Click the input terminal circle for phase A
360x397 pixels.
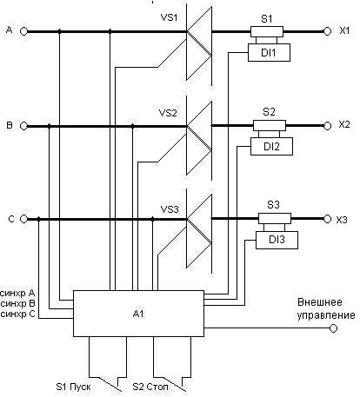tap(23, 31)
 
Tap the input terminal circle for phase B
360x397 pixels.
tap(23, 126)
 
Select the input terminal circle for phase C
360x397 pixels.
tap(23, 219)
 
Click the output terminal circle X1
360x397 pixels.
tap(327, 31)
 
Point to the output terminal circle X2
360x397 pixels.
tap(327, 126)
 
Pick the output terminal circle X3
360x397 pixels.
tap(327, 219)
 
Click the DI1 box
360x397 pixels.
tap(269, 52)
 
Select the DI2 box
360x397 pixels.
tap(271, 146)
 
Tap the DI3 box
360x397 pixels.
tap(277, 240)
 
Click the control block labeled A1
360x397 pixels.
tap(138, 314)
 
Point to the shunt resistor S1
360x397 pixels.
tap(267, 31)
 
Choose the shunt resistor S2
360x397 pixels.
tap(270, 126)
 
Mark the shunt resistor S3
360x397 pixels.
tap(275, 219)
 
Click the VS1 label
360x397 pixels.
tap(169, 17)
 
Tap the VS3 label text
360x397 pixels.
tap(170, 209)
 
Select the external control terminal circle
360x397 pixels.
tap(334, 328)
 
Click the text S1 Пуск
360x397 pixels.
tap(73, 387)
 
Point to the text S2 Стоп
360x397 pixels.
tap(150, 387)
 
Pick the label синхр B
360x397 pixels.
tap(17, 304)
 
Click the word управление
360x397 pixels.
tap(326, 315)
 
